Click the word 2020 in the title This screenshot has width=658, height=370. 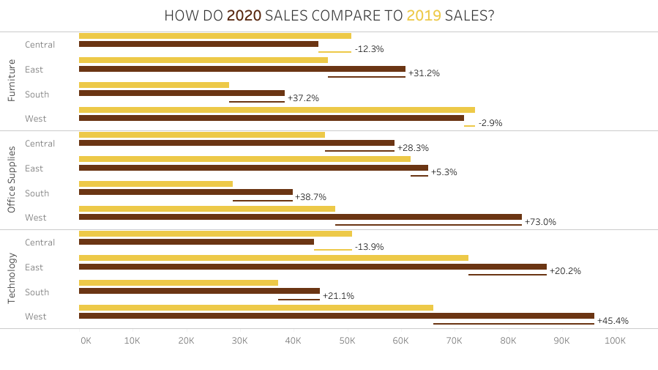(244, 15)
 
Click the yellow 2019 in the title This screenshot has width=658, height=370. (424, 15)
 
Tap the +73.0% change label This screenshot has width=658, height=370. (540, 222)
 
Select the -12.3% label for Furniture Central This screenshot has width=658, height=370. (369, 49)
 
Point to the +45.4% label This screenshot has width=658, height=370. (613, 321)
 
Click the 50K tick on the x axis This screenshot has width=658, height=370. (347, 341)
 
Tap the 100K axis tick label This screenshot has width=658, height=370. (615, 341)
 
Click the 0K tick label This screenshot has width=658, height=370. (86, 341)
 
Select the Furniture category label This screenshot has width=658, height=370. (11, 81)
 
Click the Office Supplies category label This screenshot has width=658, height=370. (11, 180)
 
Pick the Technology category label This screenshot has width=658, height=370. (11, 278)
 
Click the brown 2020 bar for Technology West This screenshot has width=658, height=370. (336, 316)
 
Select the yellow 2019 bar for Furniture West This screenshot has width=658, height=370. (277, 110)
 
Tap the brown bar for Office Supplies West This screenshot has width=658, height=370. (300, 217)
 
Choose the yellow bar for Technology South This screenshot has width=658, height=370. (179, 283)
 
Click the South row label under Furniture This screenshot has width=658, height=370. (37, 95)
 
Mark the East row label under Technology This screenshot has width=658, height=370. (34, 267)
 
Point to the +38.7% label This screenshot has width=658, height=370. (310, 197)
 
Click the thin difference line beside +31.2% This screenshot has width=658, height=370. (366, 77)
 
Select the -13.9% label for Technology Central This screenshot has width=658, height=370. (369, 247)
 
